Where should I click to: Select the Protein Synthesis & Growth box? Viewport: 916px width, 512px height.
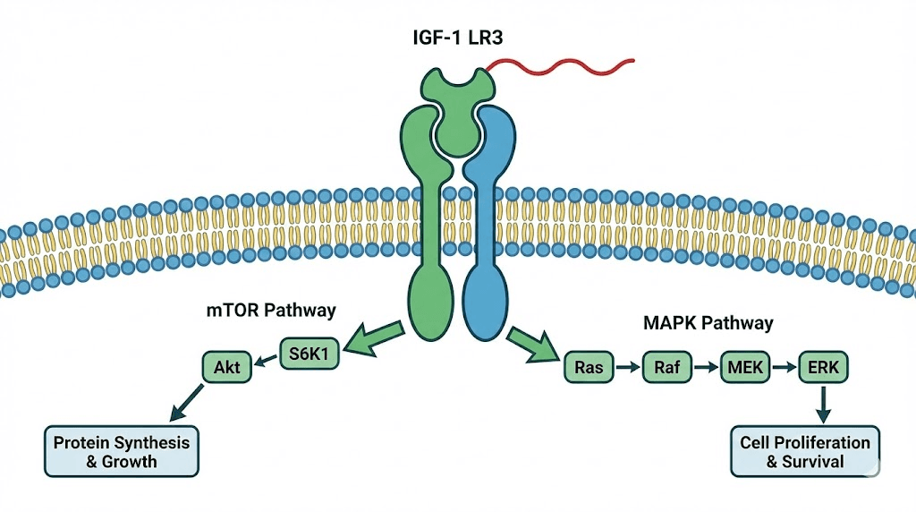coord(122,451)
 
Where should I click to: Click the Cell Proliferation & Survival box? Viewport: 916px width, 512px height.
coord(805,451)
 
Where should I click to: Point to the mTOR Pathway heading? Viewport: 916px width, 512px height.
coord(271,311)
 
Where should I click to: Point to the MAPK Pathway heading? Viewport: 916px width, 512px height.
coord(708,320)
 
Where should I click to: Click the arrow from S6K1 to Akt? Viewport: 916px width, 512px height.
coord(265,360)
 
